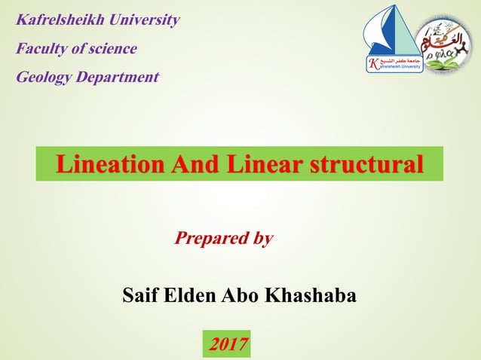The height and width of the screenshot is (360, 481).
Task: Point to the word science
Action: coord(112,49)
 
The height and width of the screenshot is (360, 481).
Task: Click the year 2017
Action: coord(228,345)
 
